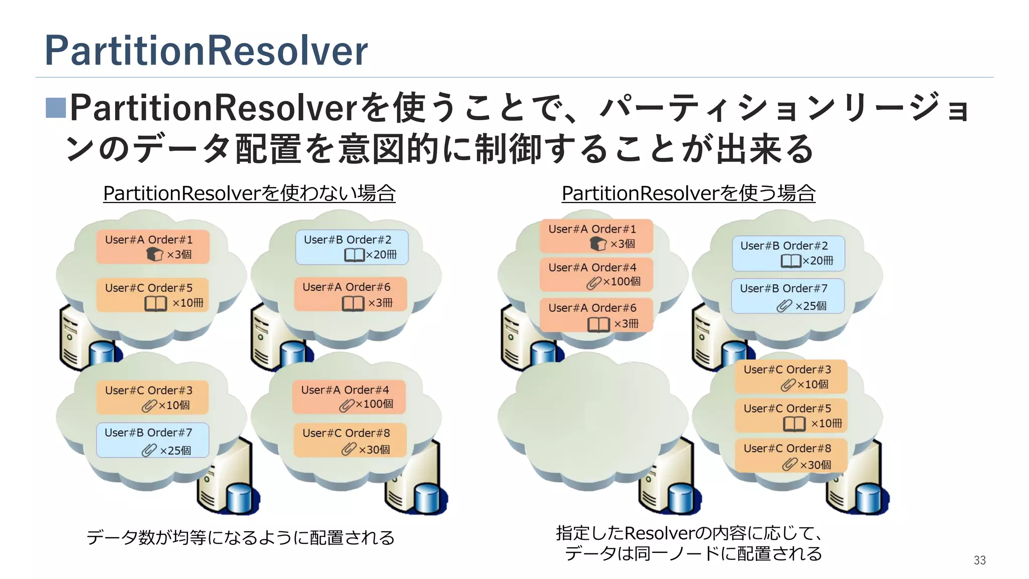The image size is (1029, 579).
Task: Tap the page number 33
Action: [979, 560]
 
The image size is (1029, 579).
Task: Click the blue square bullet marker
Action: [56, 108]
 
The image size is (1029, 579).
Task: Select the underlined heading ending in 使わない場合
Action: [249, 193]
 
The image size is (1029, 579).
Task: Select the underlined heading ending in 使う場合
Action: [688, 193]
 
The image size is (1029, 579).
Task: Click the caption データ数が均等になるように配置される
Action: [240, 537]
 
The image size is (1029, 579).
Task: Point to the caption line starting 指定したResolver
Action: [688, 533]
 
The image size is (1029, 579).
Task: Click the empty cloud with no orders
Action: [593, 417]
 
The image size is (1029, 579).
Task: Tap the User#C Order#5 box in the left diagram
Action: [152, 295]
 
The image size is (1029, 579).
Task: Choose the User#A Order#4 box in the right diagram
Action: [596, 274]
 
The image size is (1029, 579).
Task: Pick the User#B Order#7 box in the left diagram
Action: [152, 440]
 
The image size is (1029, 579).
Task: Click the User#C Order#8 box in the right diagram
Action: [791, 455]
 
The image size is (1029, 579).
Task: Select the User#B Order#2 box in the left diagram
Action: [351, 247]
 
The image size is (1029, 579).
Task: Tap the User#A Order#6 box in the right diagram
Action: [596, 315]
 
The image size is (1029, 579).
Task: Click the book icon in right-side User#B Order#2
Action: [791, 261]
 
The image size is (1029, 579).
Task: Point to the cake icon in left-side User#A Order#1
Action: [154, 254]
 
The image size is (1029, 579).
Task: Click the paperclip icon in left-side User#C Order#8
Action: [349, 449]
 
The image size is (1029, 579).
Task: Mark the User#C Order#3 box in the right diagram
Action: [791, 376]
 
